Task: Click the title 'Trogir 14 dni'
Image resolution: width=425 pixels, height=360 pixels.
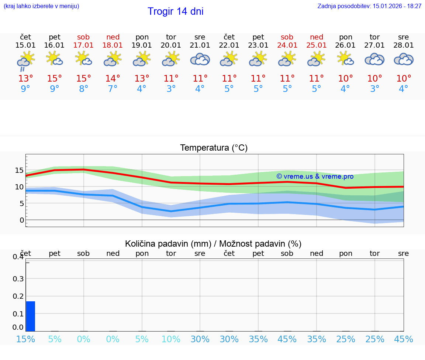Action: click(x=175, y=11)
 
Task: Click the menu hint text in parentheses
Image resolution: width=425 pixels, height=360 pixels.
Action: click(x=41, y=6)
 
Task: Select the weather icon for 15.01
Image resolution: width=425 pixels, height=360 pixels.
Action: click(x=25, y=60)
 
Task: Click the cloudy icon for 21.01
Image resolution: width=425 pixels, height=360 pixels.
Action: click(x=200, y=59)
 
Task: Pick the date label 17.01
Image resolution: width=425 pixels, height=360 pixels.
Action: click(x=83, y=45)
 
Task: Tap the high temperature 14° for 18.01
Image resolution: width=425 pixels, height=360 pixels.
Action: click(x=113, y=79)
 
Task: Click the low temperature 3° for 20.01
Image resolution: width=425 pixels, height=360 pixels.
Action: click(x=171, y=89)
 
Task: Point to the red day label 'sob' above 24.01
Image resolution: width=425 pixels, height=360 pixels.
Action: click(x=287, y=37)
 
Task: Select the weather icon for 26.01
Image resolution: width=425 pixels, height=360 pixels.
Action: click(x=345, y=59)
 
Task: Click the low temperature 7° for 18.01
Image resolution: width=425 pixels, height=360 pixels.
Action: click(x=113, y=89)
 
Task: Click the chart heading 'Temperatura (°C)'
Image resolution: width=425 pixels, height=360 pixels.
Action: click(x=214, y=148)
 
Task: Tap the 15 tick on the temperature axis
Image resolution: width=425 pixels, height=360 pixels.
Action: click(x=19, y=170)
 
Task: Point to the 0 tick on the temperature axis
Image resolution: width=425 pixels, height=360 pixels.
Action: click(x=22, y=220)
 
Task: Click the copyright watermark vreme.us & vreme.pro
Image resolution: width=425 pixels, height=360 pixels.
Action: click(x=315, y=176)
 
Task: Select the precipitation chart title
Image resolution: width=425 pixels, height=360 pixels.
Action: click(x=213, y=244)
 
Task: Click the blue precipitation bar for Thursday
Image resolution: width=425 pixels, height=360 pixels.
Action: click(x=31, y=316)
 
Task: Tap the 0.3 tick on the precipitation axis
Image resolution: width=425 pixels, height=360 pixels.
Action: click(x=18, y=279)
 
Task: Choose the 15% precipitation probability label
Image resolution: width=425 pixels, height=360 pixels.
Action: click(x=25, y=339)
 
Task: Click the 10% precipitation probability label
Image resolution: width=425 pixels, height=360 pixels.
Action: click(x=171, y=339)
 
